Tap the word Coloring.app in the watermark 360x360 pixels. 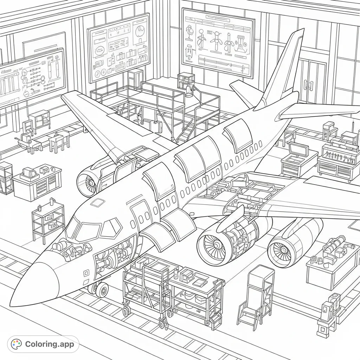point(50,344)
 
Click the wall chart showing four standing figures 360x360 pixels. point(218,42)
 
